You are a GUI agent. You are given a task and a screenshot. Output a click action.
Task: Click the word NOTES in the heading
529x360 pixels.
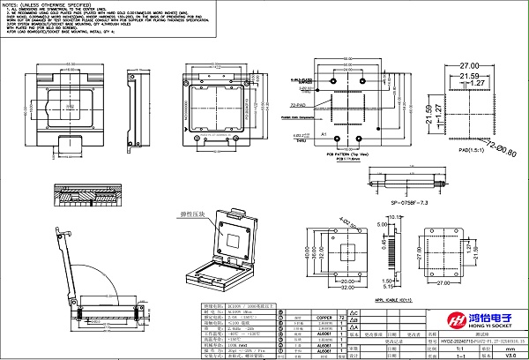[12, 4]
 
